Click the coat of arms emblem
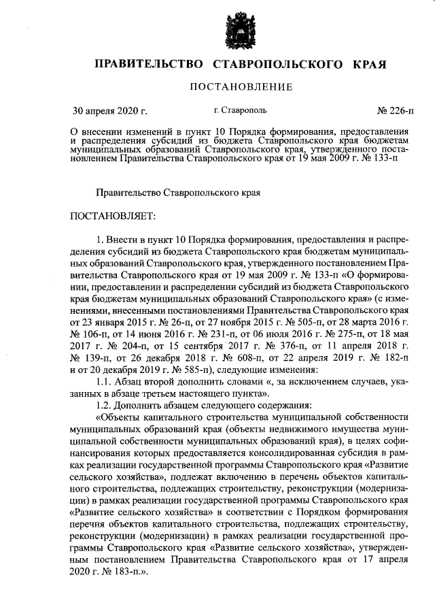pyautogui.click(x=241, y=29)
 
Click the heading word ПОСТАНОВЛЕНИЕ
pyautogui.click(x=241, y=86)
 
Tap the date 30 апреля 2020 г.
pyautogui.click(x=109, y=110)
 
